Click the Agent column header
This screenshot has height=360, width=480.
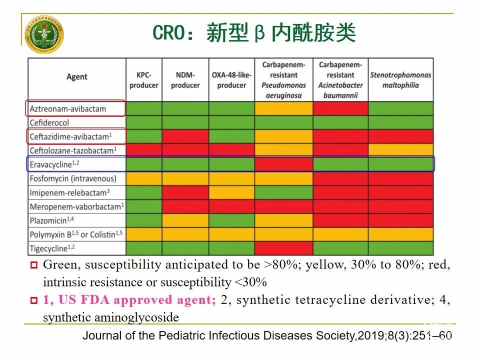[76, 76]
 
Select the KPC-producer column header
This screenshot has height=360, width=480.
[143, 80]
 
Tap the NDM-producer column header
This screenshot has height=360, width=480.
[185, 80]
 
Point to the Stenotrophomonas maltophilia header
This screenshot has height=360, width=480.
[400, 80]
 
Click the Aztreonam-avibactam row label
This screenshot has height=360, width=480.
[68, 108]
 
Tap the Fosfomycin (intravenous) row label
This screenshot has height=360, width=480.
[73, 178]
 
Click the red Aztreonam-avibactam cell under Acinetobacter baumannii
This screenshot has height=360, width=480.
[340, 108]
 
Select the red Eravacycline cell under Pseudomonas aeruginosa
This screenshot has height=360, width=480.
[283, 164]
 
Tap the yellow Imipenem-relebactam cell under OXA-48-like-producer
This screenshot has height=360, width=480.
[231, 192]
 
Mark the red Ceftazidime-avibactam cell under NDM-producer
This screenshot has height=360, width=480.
[185, 136]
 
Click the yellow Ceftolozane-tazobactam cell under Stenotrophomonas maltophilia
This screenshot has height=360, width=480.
[400, 150]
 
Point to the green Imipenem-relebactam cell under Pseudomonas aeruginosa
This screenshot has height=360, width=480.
[283, 192]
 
